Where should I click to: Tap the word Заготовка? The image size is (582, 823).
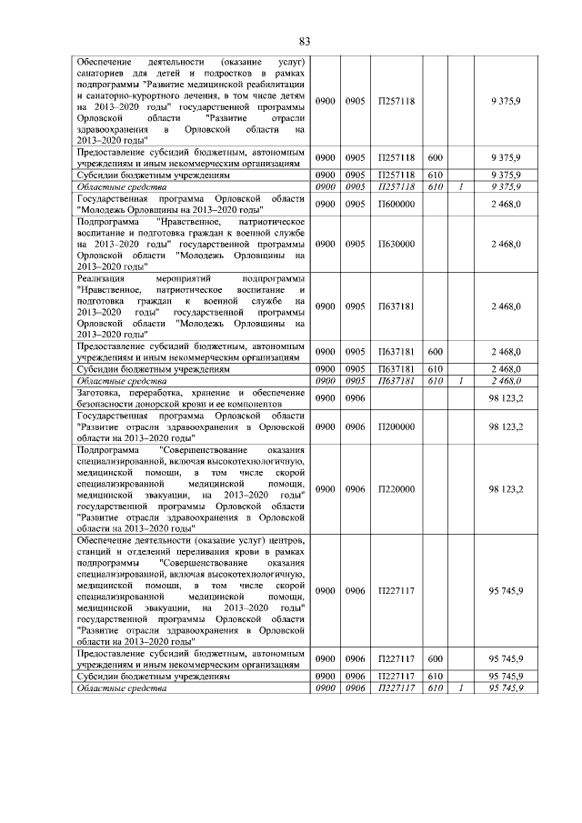click(101, 393)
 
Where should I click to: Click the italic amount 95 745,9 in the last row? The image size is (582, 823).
click(505, 688)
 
